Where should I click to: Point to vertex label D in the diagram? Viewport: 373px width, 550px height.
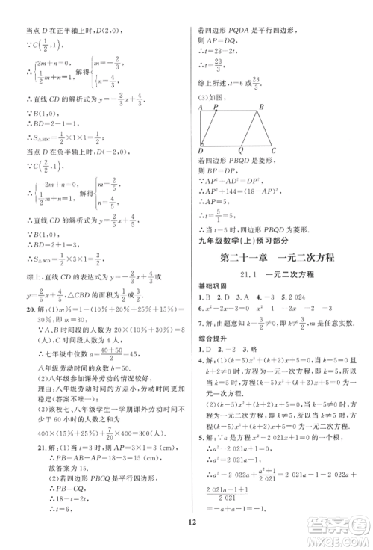(201, 150)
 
